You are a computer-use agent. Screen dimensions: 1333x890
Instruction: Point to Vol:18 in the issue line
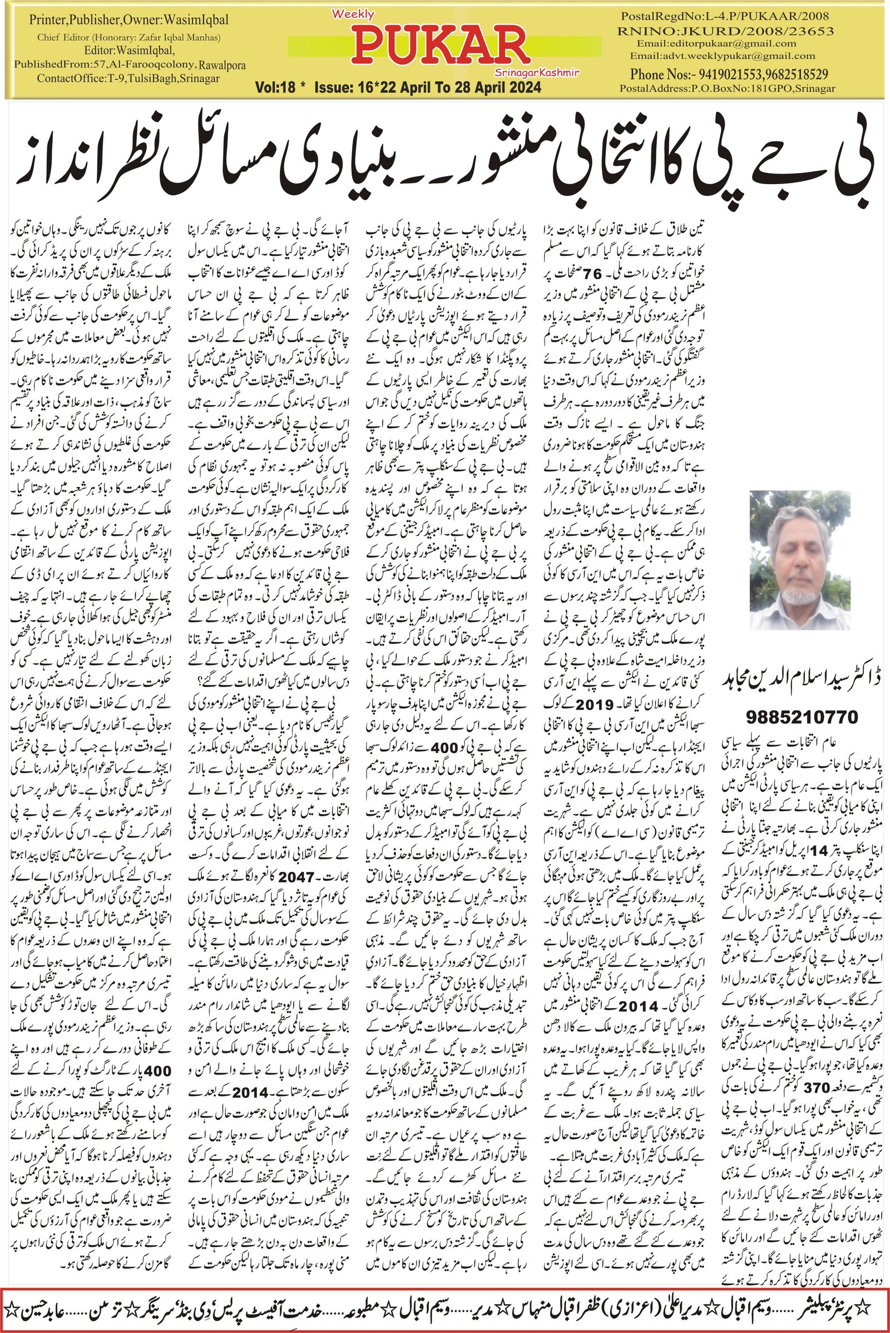click(x=277, y=88)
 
